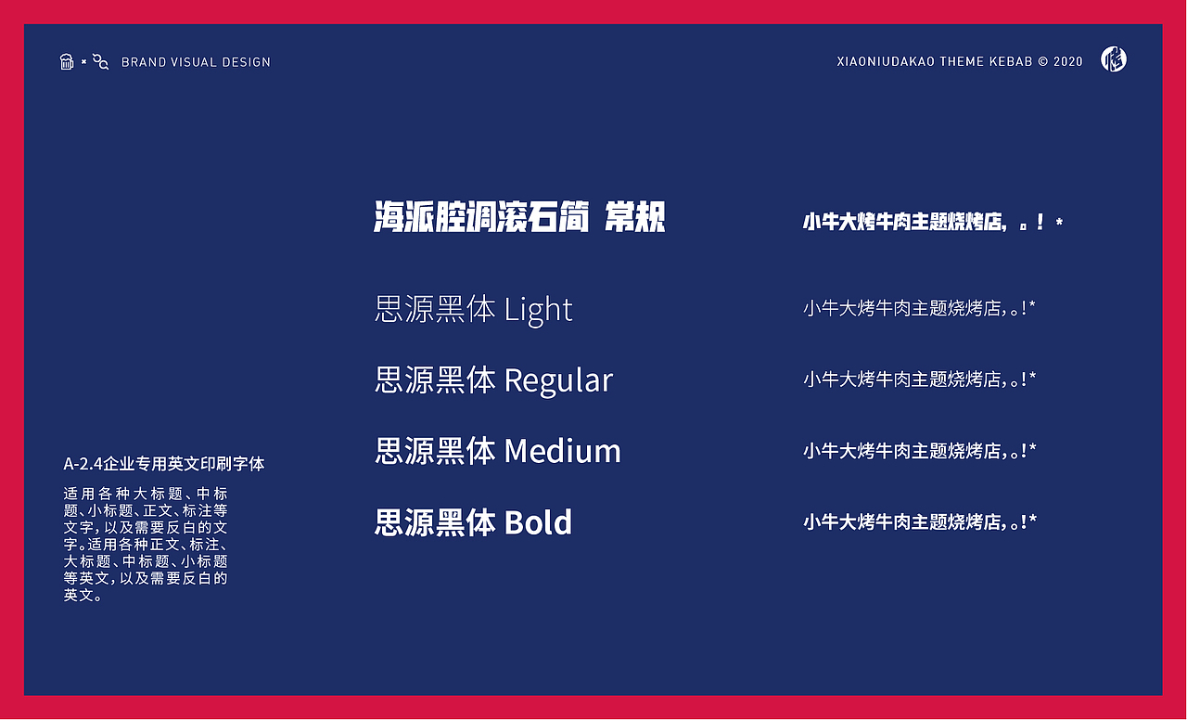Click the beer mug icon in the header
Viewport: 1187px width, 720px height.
[66, 61]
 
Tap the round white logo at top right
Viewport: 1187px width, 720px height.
[1114, 58]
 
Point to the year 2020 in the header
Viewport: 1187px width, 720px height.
[1067, 61]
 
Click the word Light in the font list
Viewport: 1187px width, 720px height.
[538, 310]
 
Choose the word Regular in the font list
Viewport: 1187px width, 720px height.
[558, 380]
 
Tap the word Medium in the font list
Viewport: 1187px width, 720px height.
[562, 451]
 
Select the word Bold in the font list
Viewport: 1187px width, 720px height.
[538, 522]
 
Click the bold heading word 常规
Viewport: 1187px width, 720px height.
[635, 216]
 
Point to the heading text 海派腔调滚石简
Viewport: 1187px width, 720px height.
[481, 216]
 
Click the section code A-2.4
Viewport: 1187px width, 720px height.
[83, 464]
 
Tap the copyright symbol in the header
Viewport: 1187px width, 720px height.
[1043, 61]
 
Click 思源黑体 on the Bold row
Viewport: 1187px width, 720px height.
[435, 522]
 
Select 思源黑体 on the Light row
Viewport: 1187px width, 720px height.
[435, 310]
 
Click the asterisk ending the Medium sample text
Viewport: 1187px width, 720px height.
[1032, 448]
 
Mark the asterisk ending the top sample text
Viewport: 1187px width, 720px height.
[1059, 222]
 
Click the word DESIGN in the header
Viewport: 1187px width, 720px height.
[247, 62]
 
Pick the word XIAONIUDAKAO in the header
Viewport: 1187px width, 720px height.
[886, 61]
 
